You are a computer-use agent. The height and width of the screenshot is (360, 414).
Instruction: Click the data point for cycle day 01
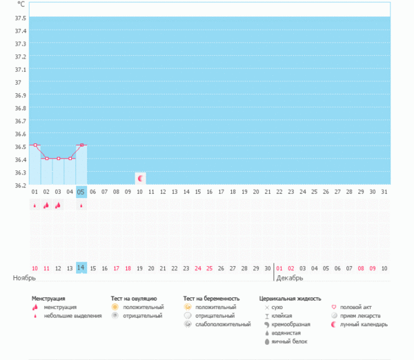point(34,146)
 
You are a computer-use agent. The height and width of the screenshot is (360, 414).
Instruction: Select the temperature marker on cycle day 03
point(58,159)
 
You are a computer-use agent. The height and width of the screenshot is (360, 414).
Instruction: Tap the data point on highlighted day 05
point(81,146)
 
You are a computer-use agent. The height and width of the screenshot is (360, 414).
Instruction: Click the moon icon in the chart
point(140,179)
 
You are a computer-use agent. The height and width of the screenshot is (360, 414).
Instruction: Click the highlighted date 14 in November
point(81,268)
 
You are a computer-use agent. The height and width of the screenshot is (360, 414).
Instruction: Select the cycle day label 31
point(384,192)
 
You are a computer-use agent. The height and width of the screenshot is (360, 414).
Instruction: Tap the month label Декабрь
point(289,278)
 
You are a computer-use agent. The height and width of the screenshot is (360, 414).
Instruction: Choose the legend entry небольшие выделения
point(68,315)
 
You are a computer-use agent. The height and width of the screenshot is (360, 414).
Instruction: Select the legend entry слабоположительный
point(223,323)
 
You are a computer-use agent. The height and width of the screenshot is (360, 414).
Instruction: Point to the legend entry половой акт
point(356,307)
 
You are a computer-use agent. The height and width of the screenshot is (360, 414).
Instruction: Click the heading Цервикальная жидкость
point(290,299)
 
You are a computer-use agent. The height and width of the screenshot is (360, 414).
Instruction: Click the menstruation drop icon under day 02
point(46,205)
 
